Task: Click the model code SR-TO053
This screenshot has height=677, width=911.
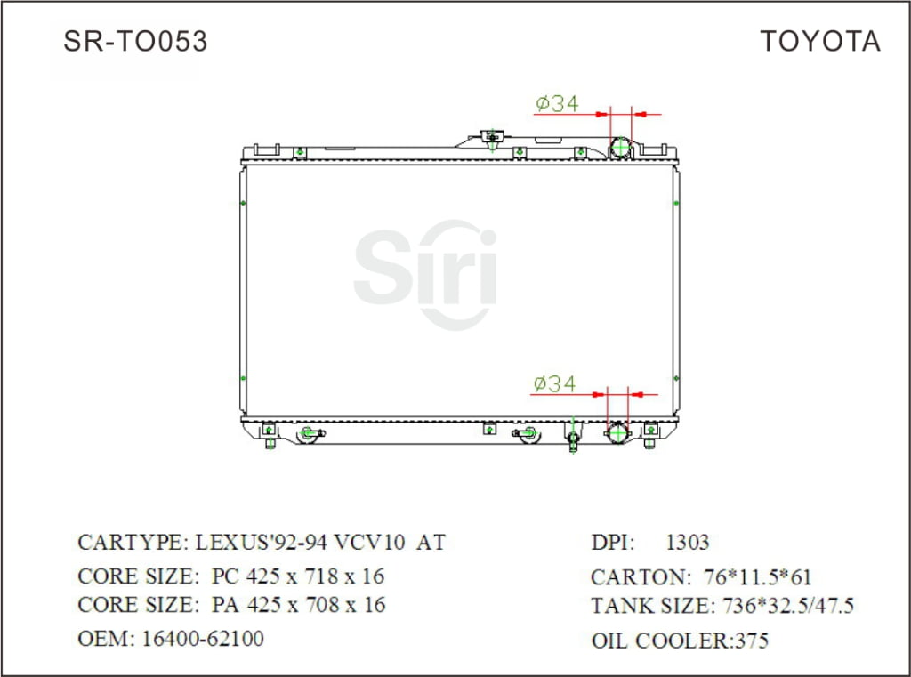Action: (135, 42)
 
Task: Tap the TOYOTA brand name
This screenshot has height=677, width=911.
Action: (819, 42)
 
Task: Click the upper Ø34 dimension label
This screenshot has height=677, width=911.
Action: (557, 104)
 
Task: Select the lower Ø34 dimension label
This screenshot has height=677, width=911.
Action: (553, 384)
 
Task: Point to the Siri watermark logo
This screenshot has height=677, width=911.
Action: (425, 271)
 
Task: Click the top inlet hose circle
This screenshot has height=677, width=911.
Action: (620, 148)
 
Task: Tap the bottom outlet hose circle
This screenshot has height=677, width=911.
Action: (617, 433)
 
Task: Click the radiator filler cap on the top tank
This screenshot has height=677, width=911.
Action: (490, 137)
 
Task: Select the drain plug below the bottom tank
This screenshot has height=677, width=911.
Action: (574, 440)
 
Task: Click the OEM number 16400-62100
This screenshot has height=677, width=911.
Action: (203, 639)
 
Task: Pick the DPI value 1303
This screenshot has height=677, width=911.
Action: (687, 543)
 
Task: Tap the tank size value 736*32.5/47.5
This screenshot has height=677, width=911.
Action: (786, 607)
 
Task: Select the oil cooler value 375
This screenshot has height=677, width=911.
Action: (751, 641)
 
